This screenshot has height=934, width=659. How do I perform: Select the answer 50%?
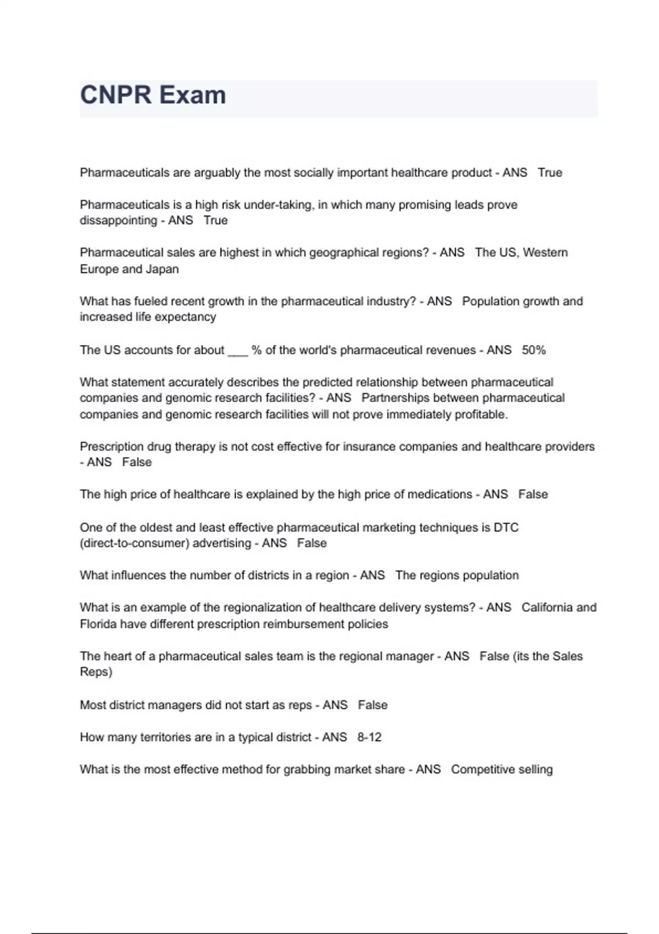point(534,350)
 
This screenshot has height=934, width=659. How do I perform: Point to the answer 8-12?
point(369,737)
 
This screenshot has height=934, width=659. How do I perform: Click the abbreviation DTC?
point(506,527)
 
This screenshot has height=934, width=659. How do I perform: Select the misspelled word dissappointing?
point(118,220)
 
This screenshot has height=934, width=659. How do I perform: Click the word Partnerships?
point(392,398)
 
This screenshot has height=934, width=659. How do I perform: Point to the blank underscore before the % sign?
point(238,351)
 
